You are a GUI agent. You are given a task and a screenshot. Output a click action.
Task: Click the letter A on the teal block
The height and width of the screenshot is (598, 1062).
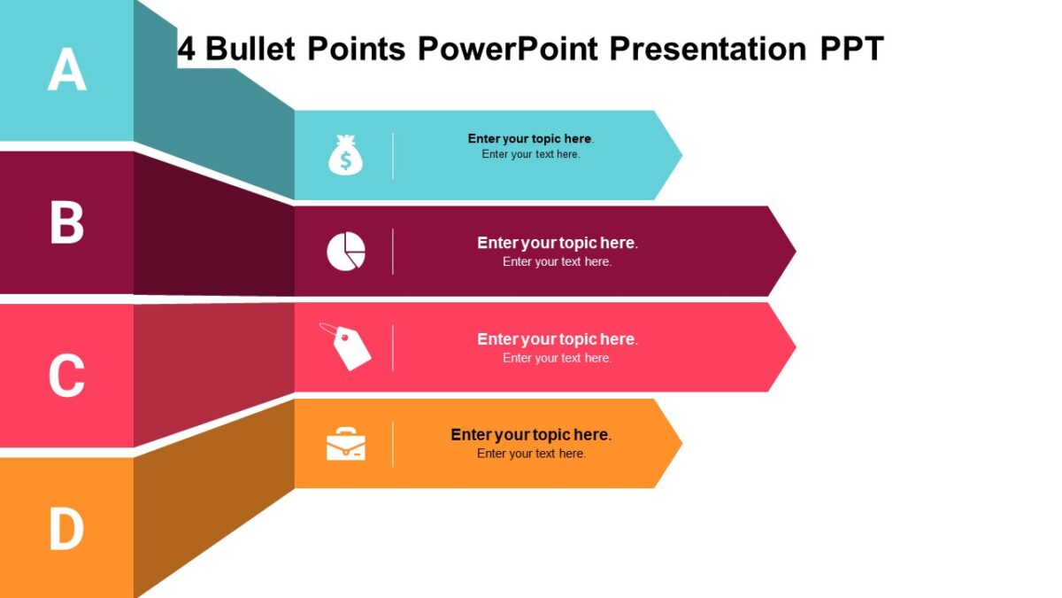click(67, 70)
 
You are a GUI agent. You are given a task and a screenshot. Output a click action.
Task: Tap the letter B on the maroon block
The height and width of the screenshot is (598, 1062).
click(66, 223)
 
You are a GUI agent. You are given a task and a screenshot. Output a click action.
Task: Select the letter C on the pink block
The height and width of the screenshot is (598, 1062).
click(66, 376)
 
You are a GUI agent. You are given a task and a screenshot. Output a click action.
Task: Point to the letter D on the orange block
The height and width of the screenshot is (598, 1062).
click(66, 529)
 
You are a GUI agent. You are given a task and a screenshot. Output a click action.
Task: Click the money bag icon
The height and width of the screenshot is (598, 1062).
click(345, 155)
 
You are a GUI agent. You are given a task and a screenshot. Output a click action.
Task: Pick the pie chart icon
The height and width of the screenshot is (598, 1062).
click(346, 252)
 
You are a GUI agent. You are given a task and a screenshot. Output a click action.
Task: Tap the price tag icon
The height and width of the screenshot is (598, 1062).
click(346, 346)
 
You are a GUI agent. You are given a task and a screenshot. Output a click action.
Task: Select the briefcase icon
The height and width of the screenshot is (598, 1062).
click(346, 444)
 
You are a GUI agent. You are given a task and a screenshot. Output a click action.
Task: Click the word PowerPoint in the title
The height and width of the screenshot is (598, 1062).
click(509, 49)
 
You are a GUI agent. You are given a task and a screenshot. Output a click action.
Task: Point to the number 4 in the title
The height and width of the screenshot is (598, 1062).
click(186, 49)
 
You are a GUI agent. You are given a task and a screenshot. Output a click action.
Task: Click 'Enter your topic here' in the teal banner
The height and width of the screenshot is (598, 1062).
click(530, 138)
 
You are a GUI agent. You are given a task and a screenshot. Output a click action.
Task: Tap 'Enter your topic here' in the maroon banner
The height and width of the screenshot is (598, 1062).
click(557, 243)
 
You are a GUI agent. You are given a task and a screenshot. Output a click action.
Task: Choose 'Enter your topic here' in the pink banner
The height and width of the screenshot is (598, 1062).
click(557, 339)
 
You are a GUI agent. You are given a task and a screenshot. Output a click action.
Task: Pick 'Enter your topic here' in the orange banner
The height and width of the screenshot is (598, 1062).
click(530, 435)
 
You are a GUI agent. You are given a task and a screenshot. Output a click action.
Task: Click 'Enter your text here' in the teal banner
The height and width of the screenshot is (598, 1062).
click(530, 154)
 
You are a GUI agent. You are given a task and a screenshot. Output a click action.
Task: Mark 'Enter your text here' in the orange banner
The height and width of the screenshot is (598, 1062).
click(531, 454)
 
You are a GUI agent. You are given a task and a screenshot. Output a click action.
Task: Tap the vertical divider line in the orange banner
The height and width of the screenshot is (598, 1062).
click(393, 444)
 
